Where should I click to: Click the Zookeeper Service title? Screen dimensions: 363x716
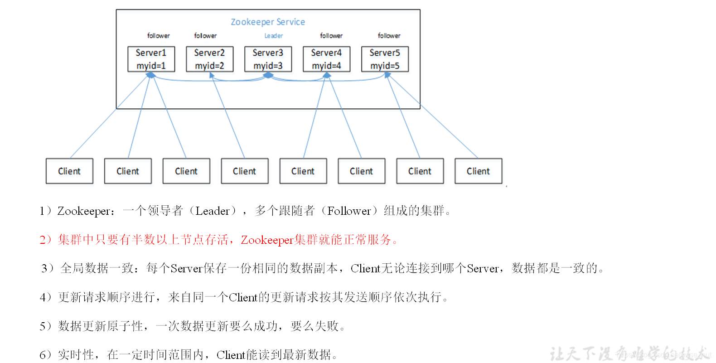(268, 22)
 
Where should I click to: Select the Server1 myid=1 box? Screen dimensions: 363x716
(151, 59)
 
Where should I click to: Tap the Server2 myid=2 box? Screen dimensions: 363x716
(209, 59)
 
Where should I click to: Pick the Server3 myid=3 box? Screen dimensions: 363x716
(268, 59)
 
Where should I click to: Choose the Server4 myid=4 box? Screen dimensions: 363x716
(326, 59)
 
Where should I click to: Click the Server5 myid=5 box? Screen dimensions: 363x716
(385, 59)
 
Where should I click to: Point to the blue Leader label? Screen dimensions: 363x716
(273, 36)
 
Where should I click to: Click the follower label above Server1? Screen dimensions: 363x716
(158, 36)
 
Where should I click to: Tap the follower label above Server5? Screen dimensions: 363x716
(389, 36)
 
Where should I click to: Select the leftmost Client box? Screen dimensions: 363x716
(69, 171)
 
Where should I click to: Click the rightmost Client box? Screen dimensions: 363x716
(478, 171)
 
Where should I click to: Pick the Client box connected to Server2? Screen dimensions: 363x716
(244, 171)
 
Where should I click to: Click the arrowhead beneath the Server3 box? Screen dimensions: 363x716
(268, 75)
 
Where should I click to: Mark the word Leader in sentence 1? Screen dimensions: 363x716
(212, 211)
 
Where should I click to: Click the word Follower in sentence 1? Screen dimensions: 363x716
(349, 211)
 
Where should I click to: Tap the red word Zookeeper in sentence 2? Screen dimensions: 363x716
(267, 240)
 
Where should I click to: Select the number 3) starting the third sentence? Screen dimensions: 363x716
(47, 268)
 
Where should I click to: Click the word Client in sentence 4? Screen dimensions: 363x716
(243, 297)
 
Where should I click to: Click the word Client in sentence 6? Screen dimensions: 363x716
(231, 355)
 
